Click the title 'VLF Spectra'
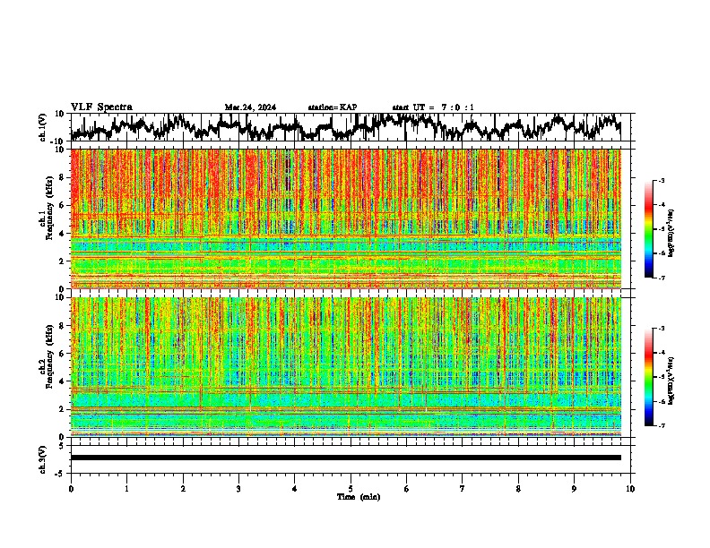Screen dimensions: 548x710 coord(101,107)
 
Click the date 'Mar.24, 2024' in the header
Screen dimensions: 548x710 coord(250,107)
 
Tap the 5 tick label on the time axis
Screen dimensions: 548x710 coord(351,489)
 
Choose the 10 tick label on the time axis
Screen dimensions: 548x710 coord(630,489)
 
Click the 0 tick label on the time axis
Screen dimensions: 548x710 coord(71,489)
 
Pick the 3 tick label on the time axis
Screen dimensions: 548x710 coord(238,489)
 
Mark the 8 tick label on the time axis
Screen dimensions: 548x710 coord(518,489)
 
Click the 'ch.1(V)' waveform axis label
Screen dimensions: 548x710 coord(43,128)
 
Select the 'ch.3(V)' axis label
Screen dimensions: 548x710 coord(43,458)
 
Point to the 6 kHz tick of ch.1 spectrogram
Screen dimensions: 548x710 coord(63,205)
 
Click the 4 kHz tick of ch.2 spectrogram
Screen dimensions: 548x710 coord(63,381)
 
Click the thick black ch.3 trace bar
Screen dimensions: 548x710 coord(346,458)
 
